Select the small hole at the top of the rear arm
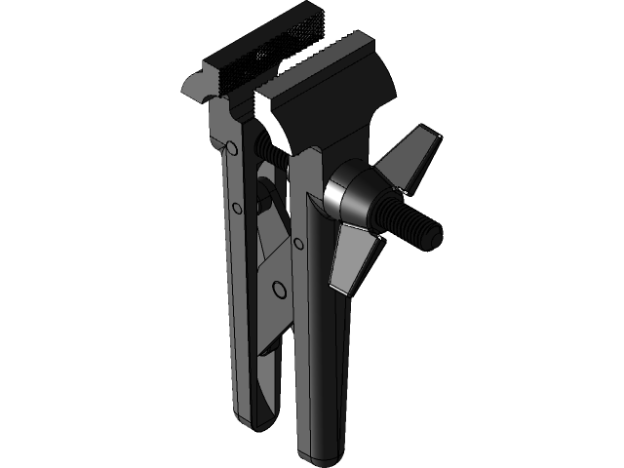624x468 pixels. pos(231,147)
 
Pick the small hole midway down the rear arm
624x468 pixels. pos(237,208)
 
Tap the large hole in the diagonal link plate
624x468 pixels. pos(280,288)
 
